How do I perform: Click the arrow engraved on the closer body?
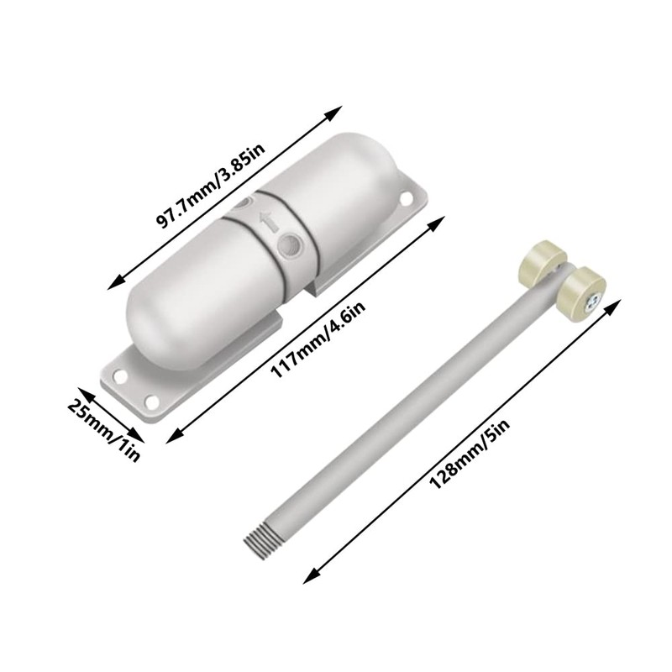click(268, 223)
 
